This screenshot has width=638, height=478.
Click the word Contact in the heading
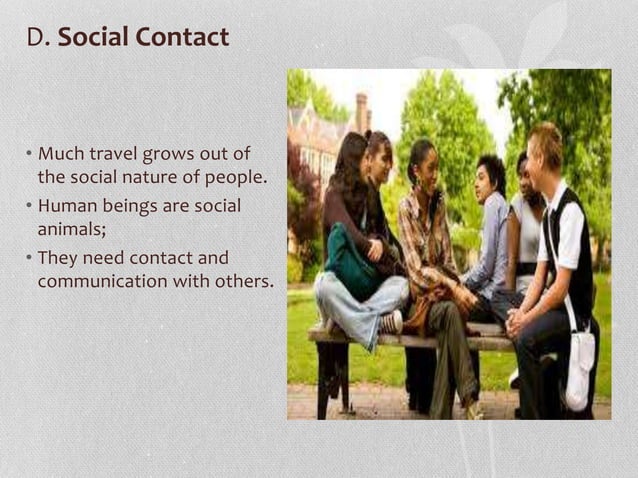[x=181, y=38]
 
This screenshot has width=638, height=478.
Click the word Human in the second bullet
[x=68, y=206]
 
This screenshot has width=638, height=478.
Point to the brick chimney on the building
[x=361, y=112]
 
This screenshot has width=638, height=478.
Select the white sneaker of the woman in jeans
[x=391, y=321]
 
